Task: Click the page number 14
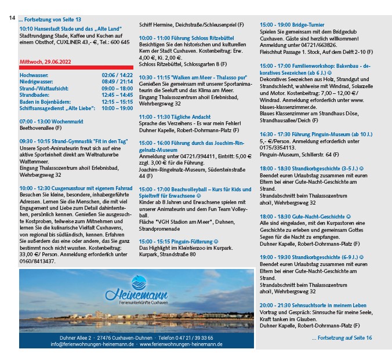12,19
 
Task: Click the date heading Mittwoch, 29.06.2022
45,61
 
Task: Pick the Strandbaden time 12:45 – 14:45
117,95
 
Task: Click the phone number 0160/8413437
38,261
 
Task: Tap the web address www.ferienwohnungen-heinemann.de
182,344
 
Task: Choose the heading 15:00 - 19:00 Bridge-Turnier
292,25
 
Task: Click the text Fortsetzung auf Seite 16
342,337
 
